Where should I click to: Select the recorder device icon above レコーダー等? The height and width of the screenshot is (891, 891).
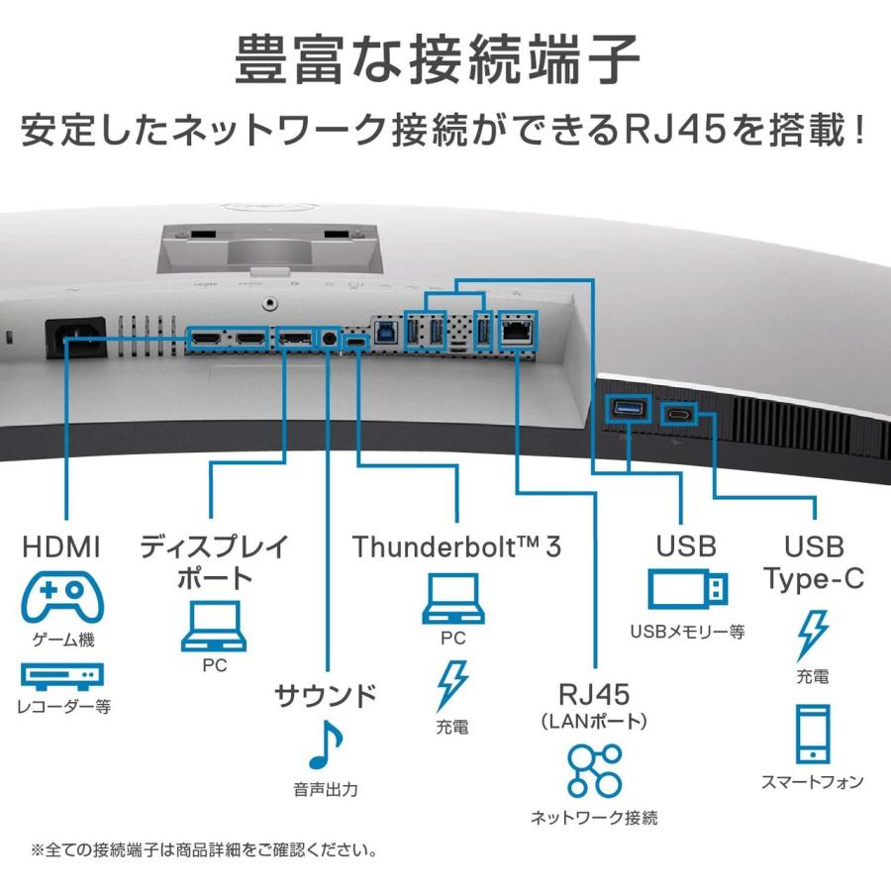point(62,676)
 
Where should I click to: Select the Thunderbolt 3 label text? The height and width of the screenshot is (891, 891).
point(456,545)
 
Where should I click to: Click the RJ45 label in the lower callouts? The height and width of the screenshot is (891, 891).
point(594,691)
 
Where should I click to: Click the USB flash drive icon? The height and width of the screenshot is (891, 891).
point(687,591)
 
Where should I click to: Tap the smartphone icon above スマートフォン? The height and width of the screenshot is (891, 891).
point(812,734)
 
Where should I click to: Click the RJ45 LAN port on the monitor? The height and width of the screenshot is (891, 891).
point(516,333)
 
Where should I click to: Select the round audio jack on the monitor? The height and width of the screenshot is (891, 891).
point(329,340)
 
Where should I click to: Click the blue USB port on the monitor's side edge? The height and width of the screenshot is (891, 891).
point(626,409)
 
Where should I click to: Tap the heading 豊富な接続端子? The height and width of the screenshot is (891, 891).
point(445,60)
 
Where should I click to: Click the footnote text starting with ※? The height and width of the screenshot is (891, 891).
point(203,849)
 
